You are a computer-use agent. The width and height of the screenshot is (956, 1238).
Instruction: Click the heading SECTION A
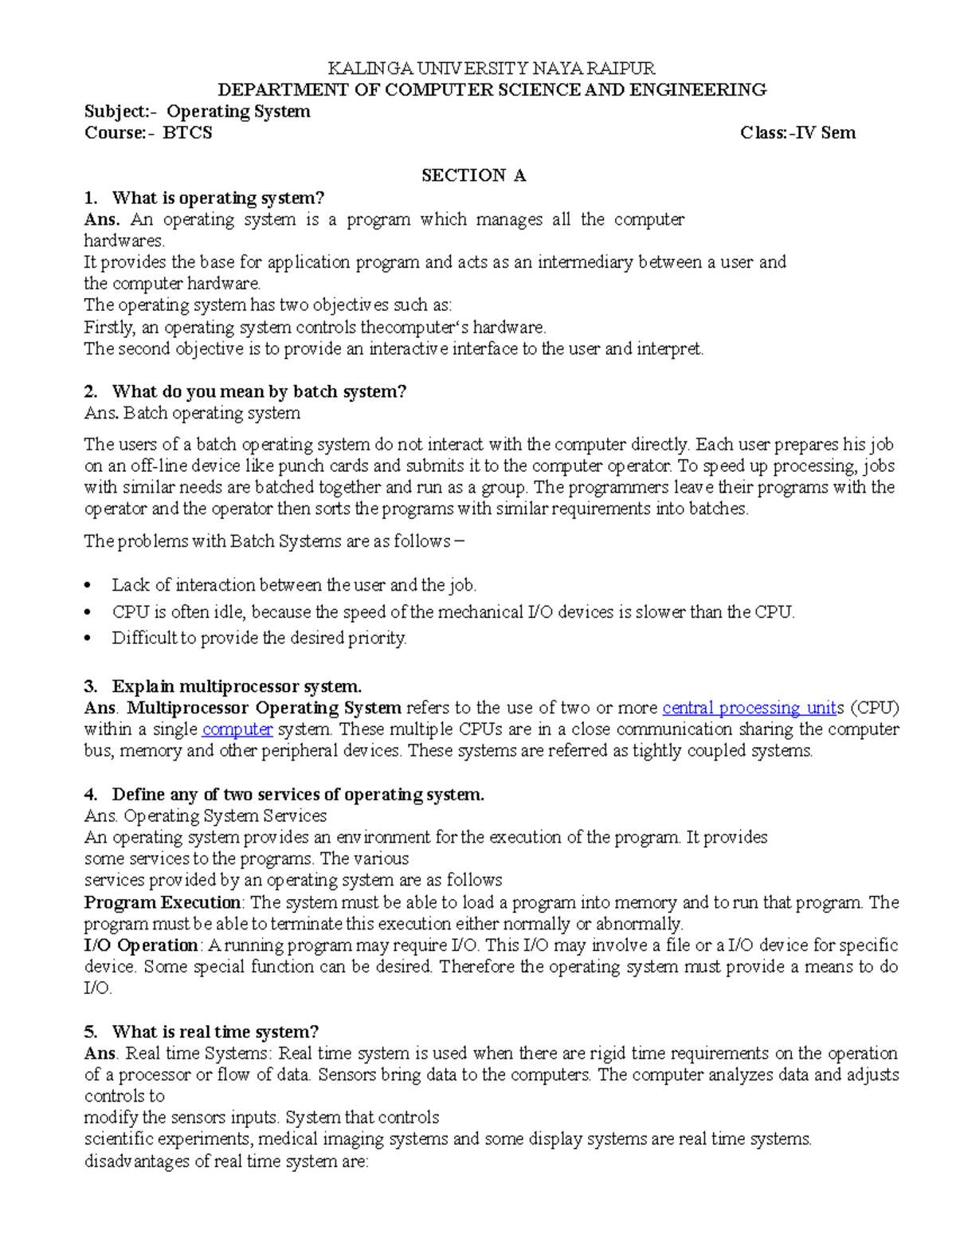473,175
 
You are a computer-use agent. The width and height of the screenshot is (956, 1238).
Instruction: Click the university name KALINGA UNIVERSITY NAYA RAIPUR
492,69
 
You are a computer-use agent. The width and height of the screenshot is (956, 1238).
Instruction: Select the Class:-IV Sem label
797,133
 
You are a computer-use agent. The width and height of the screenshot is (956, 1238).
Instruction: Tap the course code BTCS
187,133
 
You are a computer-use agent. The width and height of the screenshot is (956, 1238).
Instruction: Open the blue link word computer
237,729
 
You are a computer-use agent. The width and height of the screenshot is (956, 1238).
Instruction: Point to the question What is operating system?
217,198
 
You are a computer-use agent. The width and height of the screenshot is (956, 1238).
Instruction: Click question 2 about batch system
259,391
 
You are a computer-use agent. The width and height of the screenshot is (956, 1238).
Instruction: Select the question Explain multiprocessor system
237,686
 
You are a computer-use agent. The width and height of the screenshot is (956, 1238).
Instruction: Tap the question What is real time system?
215,1032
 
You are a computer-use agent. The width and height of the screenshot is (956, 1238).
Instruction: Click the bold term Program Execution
163,902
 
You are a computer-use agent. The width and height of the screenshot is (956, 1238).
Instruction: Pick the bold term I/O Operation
141,945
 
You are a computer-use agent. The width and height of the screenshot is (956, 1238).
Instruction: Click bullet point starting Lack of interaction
293,585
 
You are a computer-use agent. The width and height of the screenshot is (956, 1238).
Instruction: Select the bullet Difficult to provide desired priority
259,638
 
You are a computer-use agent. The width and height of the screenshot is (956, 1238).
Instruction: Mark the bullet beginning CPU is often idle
453,612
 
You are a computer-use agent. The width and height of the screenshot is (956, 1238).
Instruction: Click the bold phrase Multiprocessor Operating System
264,708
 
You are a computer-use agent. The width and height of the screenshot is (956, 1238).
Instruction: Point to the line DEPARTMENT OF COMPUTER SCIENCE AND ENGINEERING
492,90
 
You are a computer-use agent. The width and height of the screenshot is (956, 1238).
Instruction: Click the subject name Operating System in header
238,112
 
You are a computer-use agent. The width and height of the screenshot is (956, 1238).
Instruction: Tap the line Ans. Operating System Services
206,816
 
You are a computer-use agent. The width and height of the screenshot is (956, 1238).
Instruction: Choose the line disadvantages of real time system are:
226,1161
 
